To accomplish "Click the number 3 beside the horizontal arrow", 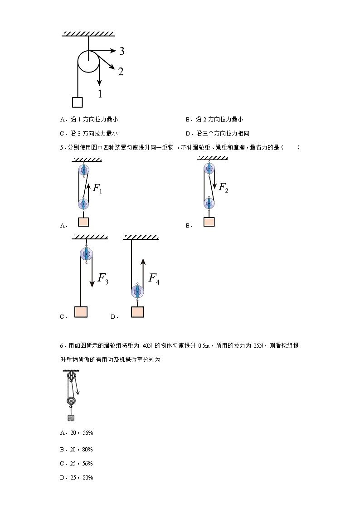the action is tap(122, 51).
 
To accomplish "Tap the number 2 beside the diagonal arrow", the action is tap(121, 71).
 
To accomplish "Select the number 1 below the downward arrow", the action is tap(100, 94).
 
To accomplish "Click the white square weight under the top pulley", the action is tap(78, 102).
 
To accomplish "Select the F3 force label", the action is tap(103, 279).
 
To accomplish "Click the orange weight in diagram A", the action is tap(83, 222).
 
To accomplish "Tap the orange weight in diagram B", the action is tap(209, 222).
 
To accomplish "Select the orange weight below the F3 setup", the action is tap(81, 311).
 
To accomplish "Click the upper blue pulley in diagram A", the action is tap(83, 170).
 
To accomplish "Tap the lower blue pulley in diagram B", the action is tap(209, 203).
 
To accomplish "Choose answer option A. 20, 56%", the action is tap(77, 433).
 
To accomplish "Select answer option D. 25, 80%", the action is tap(77, 478).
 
